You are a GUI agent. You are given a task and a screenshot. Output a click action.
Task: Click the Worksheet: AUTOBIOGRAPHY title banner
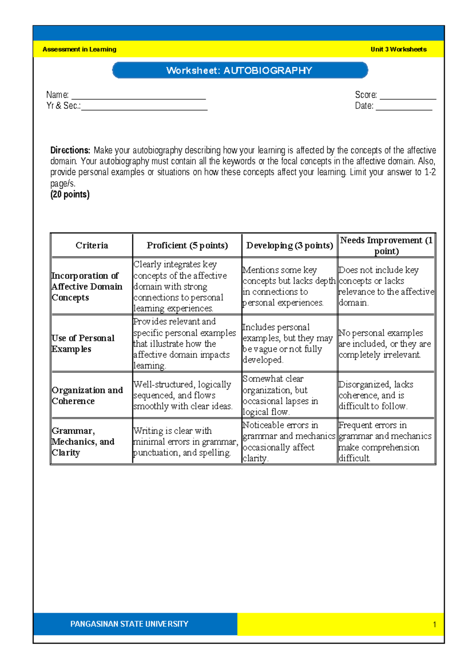tap(240, 71)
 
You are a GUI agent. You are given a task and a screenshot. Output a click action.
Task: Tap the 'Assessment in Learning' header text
tap(79, 49)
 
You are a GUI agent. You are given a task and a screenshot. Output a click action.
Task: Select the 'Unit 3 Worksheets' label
tap(398, 49)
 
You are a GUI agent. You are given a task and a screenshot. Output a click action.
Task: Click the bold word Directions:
tap(70, 150)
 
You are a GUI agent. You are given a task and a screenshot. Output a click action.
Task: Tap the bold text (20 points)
tap(70, 194)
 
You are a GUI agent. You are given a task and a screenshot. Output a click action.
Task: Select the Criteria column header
tap(91, 245)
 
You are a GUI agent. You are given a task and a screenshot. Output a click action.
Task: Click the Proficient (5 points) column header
tap(187, 245)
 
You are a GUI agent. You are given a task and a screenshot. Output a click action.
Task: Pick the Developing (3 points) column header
tap(289, 245)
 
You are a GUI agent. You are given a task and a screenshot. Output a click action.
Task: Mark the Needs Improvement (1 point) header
tap(386, 245)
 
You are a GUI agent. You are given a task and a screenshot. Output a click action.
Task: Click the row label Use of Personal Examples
tap(83, 344)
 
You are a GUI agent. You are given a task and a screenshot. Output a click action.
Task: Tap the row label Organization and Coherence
tap(87, 395)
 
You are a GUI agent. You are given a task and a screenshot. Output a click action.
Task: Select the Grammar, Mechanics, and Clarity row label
tap(83, 441)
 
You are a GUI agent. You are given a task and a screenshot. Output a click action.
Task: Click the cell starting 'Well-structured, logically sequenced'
tap(182, 395)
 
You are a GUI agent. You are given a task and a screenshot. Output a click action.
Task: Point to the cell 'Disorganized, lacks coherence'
tap(376, 395)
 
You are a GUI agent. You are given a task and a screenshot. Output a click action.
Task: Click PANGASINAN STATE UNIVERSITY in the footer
tap(129, 624)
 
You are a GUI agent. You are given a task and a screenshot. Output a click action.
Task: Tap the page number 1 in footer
tap(434, 624)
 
